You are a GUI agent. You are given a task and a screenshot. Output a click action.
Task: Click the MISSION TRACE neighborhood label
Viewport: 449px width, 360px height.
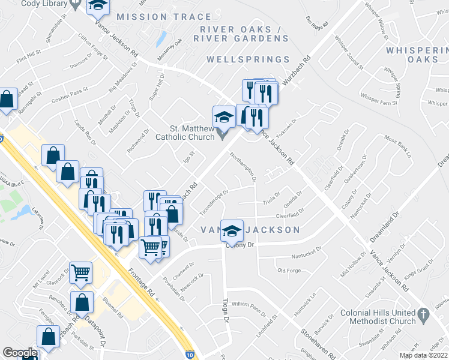[x=155, y=17]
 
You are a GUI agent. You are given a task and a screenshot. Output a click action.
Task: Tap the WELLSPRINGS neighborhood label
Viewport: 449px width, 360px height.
[x=248, y=59]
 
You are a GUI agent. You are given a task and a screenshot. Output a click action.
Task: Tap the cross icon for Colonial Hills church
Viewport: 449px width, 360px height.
[x=423, y=314]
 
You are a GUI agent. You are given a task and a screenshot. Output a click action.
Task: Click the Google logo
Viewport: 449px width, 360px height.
[x=19, y=353]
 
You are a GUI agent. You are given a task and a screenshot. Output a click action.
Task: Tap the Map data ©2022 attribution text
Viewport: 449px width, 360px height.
[x=423, y=355]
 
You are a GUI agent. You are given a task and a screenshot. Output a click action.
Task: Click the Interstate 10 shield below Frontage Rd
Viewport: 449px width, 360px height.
[x=190, y=355]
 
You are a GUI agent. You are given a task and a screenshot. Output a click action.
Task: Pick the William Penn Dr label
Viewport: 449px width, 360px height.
[x=249, y=308]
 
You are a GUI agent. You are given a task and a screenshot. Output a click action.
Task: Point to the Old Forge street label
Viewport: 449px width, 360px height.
[x=289, y=271]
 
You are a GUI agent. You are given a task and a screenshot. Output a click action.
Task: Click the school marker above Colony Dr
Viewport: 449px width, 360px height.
[x=232, y=230]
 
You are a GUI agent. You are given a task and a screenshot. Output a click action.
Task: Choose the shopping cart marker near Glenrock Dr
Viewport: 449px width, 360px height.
[x=80, y=272]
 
